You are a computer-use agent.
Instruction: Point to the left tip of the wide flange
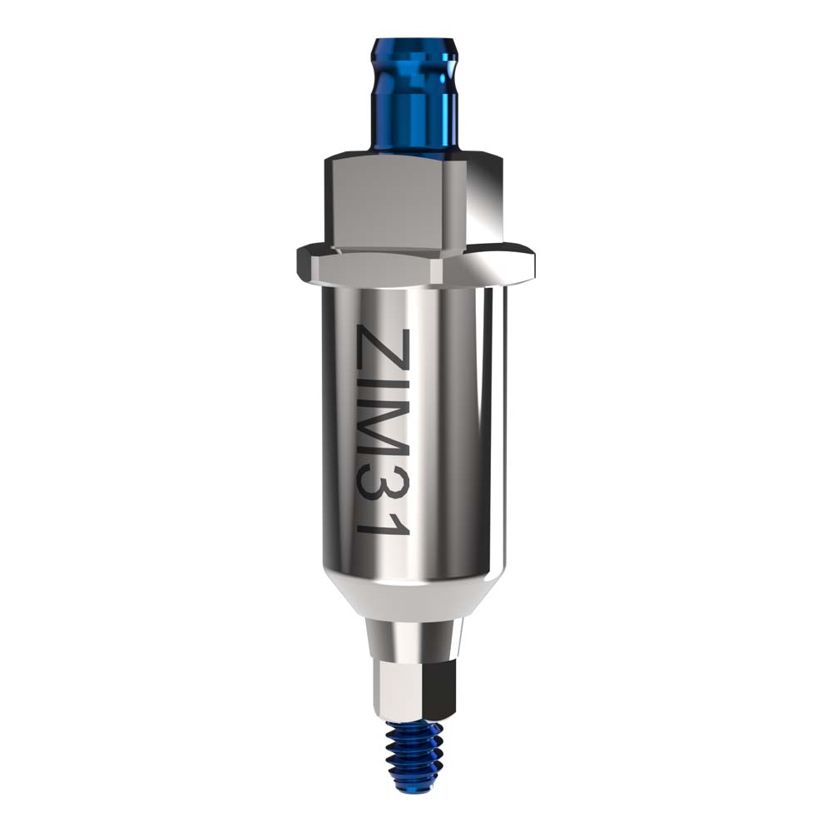point(298,260)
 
